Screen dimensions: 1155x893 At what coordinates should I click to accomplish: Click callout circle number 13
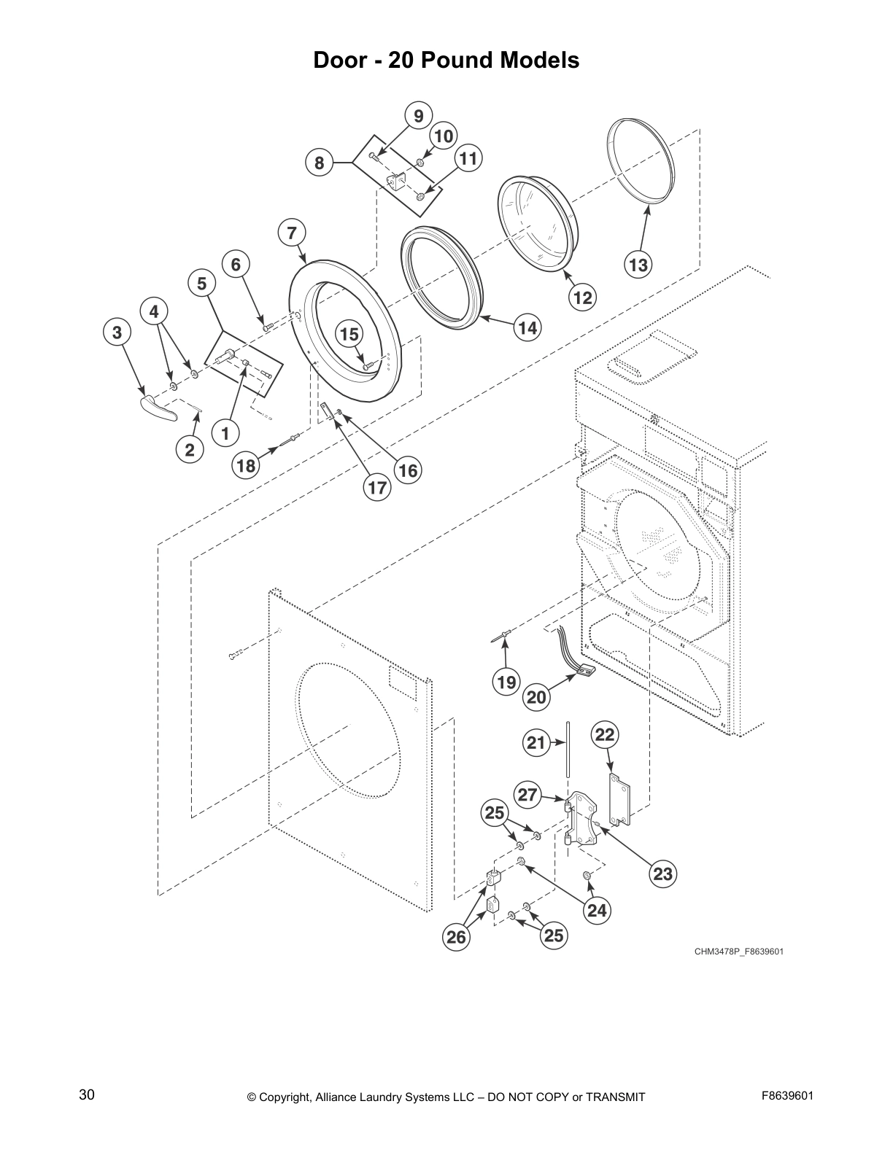638,265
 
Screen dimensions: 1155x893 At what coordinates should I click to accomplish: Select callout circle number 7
292,233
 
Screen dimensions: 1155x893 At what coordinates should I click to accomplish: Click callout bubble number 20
536,697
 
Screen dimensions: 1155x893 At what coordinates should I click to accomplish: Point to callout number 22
605,734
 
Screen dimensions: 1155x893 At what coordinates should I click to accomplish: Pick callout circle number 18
247,465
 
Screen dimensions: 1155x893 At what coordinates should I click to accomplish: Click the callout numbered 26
456,936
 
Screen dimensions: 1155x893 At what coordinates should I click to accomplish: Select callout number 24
597,910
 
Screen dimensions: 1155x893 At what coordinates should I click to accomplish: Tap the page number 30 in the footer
87,1094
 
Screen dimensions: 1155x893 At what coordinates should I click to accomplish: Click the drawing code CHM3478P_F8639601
738,952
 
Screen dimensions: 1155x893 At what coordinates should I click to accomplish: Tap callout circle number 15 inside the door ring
349,335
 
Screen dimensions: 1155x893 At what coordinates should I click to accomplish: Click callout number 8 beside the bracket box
319,163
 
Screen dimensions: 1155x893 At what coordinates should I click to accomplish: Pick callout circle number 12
582,297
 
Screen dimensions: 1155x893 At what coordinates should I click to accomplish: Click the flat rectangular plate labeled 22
619,801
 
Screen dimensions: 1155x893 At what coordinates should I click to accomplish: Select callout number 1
225,434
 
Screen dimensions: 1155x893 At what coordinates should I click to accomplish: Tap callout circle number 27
528,794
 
